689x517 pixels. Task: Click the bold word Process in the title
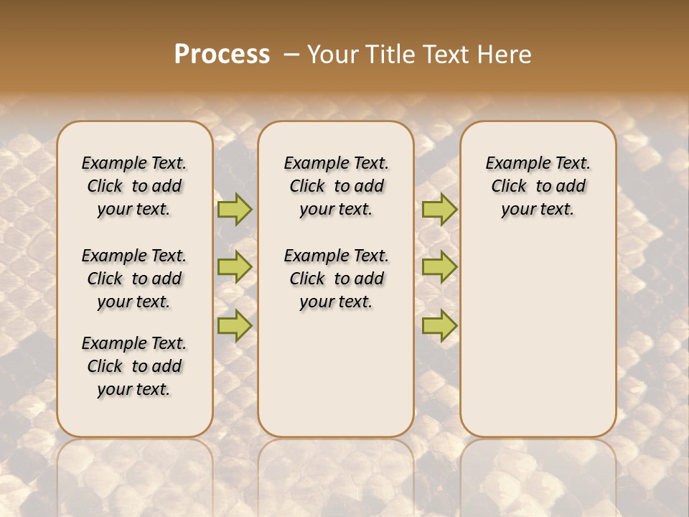(x=222, y=55)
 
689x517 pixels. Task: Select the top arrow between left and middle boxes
(x=235, y=209)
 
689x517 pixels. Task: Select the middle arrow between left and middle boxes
(x=235, y=267)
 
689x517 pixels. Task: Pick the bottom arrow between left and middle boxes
(x=235, y=326)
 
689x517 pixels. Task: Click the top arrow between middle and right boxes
(x=439, y=209)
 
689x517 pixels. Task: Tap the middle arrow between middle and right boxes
(x=439, y=267)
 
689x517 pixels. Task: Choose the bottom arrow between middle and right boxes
(x=439, y=326)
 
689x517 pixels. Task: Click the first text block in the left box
(x=134, y=186)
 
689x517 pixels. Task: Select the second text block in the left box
(x=134, y=279)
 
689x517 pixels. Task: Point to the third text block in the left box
(x=134, y=366)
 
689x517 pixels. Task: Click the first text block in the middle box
(x=336, y=186)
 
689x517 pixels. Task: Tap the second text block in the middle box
(x=336, y=279)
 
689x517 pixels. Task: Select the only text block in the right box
(x=538, y=186)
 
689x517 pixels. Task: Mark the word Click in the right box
(x=509, y=187)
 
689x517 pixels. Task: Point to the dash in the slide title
(x=291, y=55)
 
